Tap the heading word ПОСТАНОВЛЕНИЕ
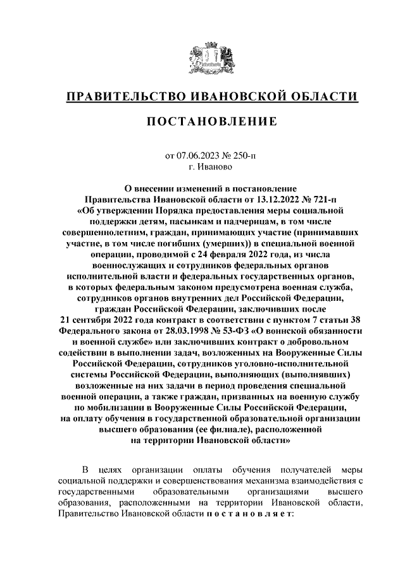(212, 121)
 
